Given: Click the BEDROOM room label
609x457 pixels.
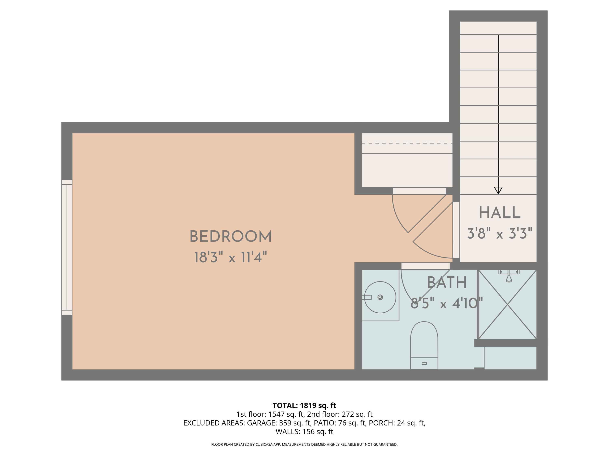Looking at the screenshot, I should coord(231,237).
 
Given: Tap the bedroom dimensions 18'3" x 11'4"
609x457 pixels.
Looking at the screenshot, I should coord(231,258).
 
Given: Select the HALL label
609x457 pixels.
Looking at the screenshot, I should coord(500,213).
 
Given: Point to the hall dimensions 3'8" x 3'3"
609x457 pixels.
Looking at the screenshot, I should coord(500,234).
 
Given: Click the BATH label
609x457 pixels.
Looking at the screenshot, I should coord(447,283).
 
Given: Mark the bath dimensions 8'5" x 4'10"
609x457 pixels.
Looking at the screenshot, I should coord(447,304).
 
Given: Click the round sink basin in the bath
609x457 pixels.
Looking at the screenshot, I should coord(380,297).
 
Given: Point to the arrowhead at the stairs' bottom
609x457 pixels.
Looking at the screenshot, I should coord(498,190).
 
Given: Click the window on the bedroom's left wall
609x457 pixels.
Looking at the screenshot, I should coord(67,247).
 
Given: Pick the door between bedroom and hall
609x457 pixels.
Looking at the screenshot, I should coord(456,230).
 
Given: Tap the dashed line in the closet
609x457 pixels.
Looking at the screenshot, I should coord(407,143).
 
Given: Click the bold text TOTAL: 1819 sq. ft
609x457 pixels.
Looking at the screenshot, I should coord(304,405).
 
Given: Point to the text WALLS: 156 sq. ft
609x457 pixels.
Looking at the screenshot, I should coord(304,432).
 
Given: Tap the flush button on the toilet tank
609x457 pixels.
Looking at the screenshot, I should coord(424,363).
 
